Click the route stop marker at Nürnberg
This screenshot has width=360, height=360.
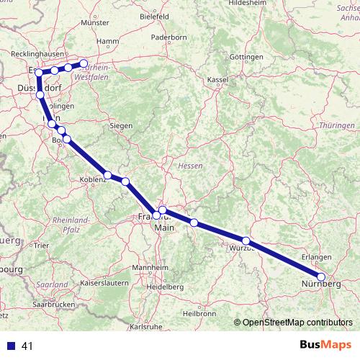[x=321, y=276]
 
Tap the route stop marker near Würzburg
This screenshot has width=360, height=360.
[x=246, y=241]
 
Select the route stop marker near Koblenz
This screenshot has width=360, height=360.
[x=107, y=175]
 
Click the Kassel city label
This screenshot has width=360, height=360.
[x=217, y=78]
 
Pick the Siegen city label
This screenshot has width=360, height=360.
[x=121, y=125]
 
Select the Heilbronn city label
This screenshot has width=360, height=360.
[x=199, y=313]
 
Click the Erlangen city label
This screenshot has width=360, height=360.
[x=317, y=257]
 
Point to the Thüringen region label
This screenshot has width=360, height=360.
[x=336, y=125]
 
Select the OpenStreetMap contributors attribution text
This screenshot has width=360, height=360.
[x=297, y=323]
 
